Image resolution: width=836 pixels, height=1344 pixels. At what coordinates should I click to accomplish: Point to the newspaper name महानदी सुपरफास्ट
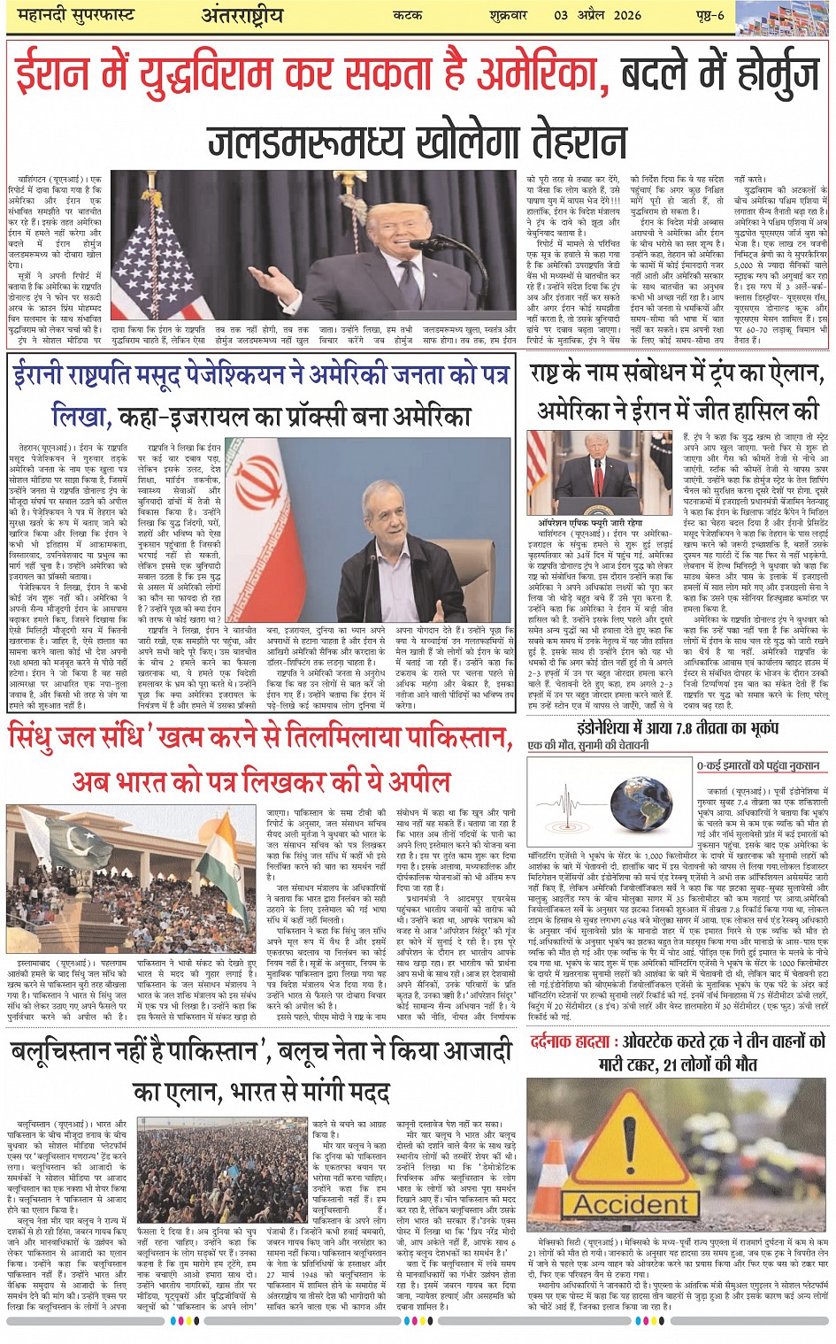click(68, 15)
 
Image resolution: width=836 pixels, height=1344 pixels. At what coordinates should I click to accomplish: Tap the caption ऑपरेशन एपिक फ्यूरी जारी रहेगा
click(590, 523)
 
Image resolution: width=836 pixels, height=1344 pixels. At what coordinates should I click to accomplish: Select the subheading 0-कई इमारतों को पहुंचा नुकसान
click(758, 765)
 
